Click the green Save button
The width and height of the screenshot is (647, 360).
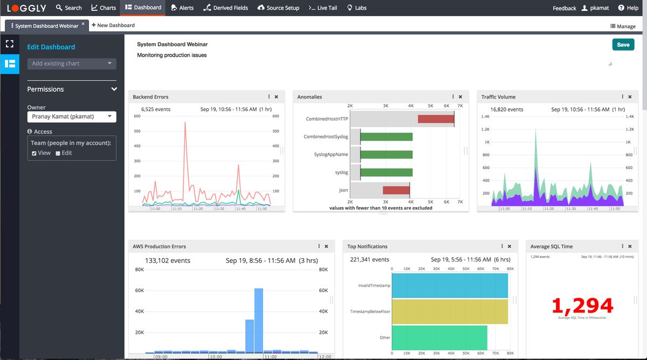623,45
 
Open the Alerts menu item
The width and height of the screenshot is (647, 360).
182,8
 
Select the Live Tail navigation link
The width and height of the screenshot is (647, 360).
323,8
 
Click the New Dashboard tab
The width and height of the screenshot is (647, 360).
113,25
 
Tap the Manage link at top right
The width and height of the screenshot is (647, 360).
623,26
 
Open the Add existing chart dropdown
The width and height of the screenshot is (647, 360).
72,64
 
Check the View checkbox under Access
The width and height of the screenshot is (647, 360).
35,154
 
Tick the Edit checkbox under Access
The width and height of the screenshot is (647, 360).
58,154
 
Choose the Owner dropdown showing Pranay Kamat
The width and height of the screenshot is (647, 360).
72,116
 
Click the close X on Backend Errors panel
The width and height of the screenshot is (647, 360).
277,97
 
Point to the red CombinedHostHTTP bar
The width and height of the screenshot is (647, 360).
436,119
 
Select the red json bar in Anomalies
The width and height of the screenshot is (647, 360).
396,190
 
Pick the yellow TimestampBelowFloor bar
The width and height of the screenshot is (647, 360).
450,311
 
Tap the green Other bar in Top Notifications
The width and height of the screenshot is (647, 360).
439,338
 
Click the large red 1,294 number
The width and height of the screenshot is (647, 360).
582,306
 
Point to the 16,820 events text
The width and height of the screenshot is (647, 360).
506,109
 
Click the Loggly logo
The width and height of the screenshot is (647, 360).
26,8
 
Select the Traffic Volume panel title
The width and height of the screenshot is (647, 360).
498,97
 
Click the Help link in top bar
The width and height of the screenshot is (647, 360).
628,8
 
